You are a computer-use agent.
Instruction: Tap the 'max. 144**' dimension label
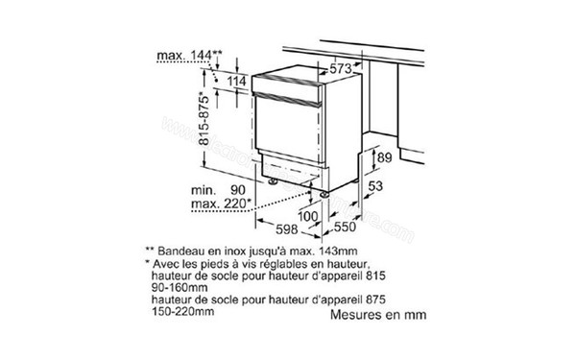tap(189, 58)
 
